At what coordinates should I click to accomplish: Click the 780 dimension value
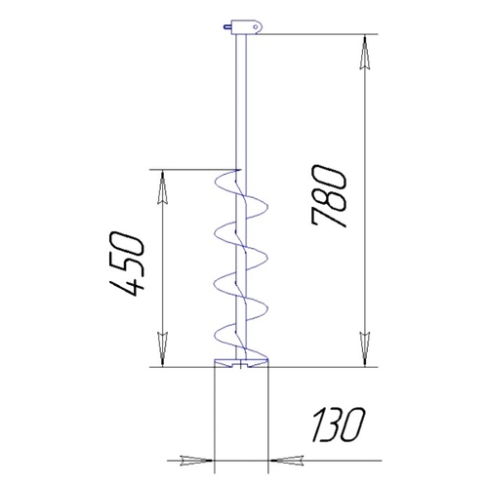[x=329, y=196]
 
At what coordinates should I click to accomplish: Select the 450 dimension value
[x=127, y=264]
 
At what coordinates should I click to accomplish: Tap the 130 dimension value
[x=339, y=426]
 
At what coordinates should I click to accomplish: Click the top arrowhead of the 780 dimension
[x=365, y=53]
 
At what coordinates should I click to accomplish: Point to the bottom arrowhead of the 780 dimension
[x=365, y=349]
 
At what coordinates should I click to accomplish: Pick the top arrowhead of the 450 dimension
[x=162, y=187]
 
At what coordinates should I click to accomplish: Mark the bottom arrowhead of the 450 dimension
[x=162, y=349]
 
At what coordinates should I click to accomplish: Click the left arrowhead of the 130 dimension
[x=196, y=461]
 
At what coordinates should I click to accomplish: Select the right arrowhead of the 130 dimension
[x=286, y=461]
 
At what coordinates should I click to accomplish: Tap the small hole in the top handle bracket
[x=256, y=26]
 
